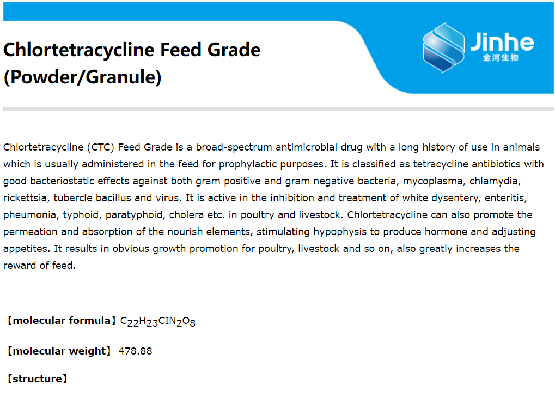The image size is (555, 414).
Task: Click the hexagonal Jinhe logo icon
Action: pos(443,47)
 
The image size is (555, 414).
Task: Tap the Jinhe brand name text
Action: pos(502,42)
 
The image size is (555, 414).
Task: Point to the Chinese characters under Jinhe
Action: pos(501,57)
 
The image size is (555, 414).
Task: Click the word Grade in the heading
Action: pos(234,50)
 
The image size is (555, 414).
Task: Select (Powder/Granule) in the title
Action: pos(82,77)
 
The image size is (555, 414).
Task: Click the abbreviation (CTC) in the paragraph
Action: pos(101,147)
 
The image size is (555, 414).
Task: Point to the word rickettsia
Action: pos(25,198)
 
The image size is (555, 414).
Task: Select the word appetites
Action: pos(26,249)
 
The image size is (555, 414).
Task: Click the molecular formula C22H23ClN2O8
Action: pos(158,321)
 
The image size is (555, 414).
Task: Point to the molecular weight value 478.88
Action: pos(135,351)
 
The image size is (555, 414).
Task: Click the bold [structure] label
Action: pos(37,379)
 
